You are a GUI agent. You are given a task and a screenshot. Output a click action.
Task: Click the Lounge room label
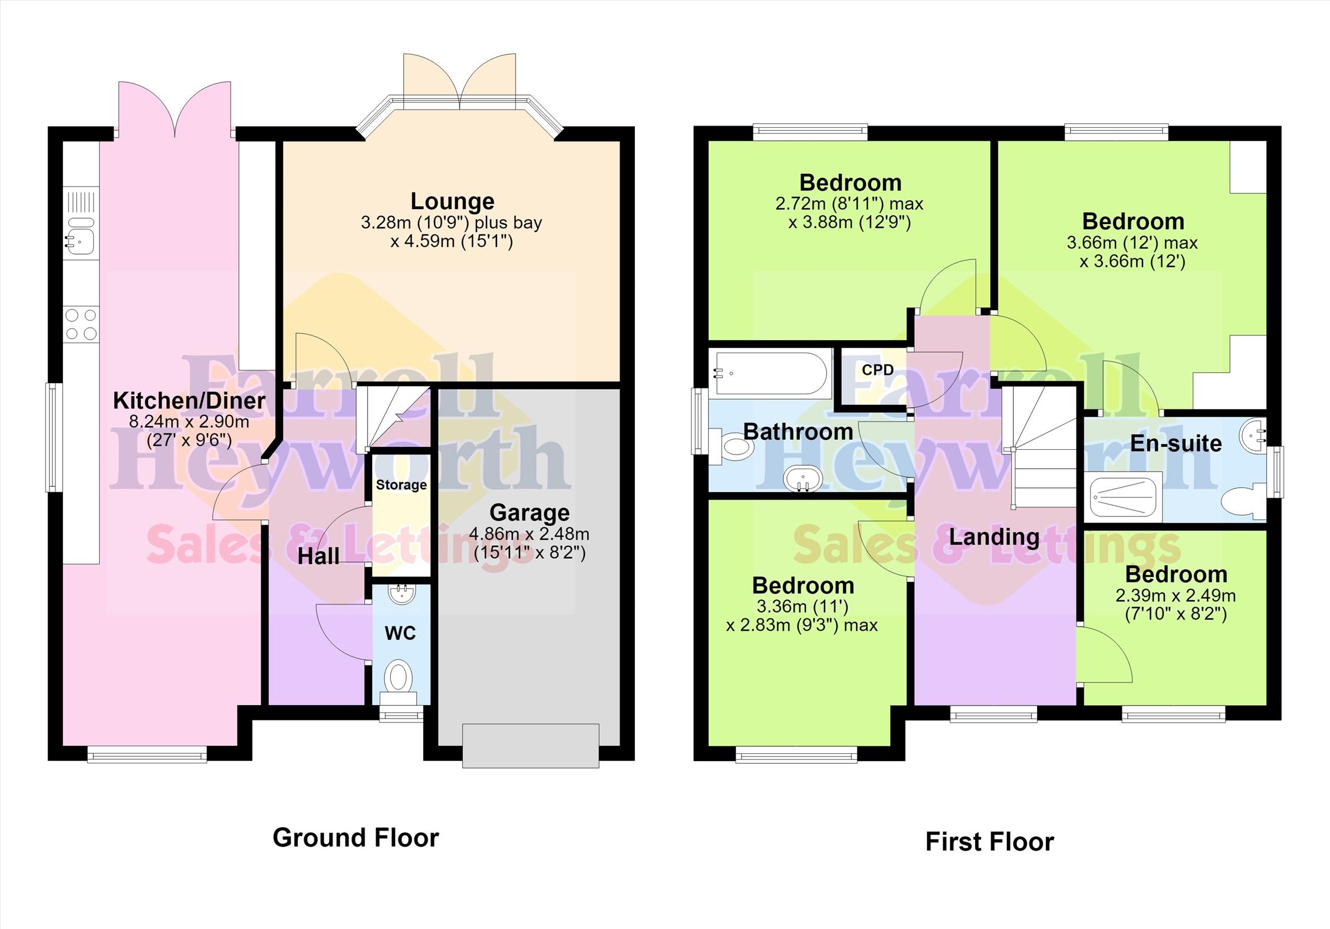coord(452,202)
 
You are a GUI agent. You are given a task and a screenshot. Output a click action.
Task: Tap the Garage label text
coord(529,513)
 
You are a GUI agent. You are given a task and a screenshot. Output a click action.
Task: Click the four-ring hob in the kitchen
coord(81,324)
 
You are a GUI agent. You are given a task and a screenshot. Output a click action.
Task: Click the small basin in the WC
coord(402,594)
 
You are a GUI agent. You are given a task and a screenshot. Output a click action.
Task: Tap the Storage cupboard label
coord(401,485)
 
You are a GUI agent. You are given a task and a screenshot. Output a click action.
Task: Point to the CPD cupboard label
coord(877,370)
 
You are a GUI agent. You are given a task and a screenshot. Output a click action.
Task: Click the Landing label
coord(994,537)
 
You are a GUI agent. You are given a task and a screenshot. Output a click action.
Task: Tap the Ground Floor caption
coord(355,838)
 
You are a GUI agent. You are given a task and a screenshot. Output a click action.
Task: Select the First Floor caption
coord(989,842)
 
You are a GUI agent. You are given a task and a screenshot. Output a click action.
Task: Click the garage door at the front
coord(531,746)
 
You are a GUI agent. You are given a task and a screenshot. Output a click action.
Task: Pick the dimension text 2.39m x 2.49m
coord(1176,596)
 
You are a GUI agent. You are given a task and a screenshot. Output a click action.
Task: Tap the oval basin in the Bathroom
coord(803,479)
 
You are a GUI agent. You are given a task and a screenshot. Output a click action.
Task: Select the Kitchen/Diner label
coord(189,401)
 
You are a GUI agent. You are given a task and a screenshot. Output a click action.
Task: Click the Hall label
coord(318,556)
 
